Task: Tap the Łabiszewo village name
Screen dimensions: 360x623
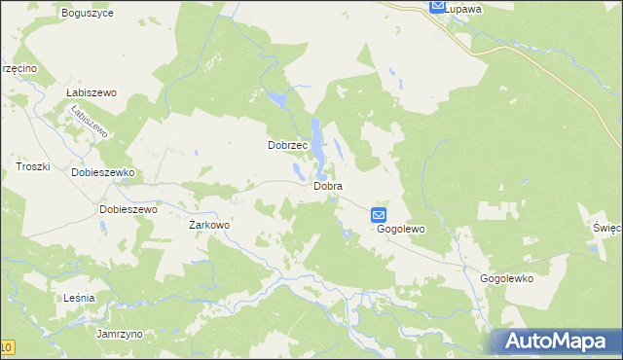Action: (x=91, y=92)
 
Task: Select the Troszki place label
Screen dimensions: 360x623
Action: (x=33, y=167)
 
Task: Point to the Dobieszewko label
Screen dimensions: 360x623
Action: (x=102, y=172)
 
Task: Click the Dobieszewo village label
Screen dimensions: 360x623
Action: (x=128, y=208)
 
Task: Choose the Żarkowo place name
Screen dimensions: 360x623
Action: (x=208, y=225)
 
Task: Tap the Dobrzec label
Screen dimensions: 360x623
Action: (x=288, y=145)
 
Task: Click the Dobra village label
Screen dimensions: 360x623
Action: (x=328, y=185)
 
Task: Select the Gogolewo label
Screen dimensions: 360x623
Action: (x=402, y=229)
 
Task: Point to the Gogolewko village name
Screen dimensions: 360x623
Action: (x=506, y=277)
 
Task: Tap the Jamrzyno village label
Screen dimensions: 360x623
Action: (x=120, y=334)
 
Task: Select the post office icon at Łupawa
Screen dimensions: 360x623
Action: (x=438, y=6)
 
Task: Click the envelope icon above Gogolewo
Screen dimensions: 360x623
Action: (x=379, y=215)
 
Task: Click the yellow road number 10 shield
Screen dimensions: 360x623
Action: (x=7, y=347)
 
